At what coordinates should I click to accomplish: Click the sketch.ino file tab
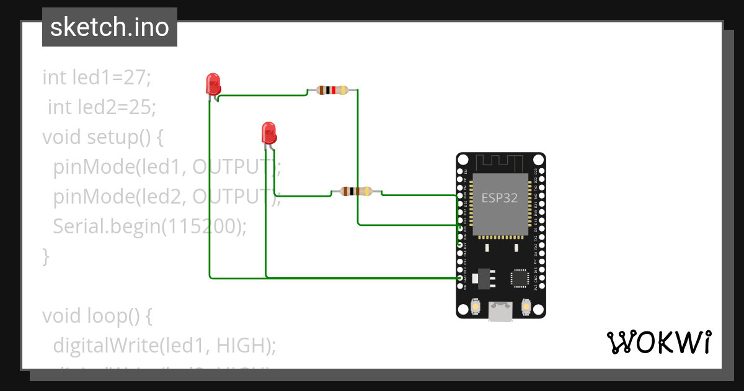[x=110, y=27]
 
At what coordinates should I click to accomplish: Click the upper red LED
[x=213, y=84]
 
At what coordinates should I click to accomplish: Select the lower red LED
[x=268, y=133]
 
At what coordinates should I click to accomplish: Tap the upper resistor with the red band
[x=332, y=90]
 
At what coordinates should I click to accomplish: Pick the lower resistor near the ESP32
[x=356, y=191]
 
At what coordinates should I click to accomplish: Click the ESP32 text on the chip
[x=500, y=198]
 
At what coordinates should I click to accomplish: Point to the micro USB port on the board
[x=501, y=312]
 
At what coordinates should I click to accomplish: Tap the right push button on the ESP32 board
[x=526, y=307]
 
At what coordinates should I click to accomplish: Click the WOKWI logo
[x=658, y=342]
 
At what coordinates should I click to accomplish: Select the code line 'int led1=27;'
[x=97, y=78]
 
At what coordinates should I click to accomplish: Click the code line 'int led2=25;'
[x=102, y=107]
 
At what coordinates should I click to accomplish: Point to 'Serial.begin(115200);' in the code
[x=149, y=227]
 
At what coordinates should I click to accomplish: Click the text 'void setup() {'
[x=102, y=137]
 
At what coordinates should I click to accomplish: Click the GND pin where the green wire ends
[x=459, y=279]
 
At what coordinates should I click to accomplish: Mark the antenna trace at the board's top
[x=501, y=163]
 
